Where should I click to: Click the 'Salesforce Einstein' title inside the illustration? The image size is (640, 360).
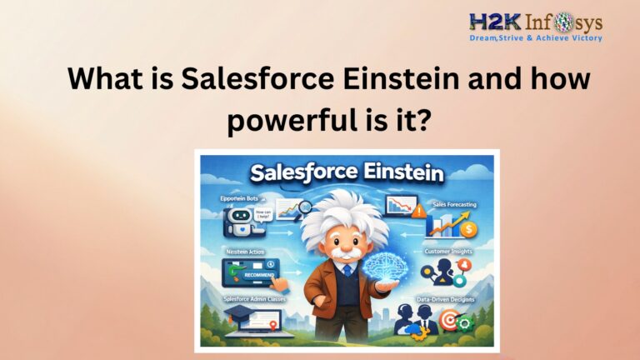click(x=347, y=173)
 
